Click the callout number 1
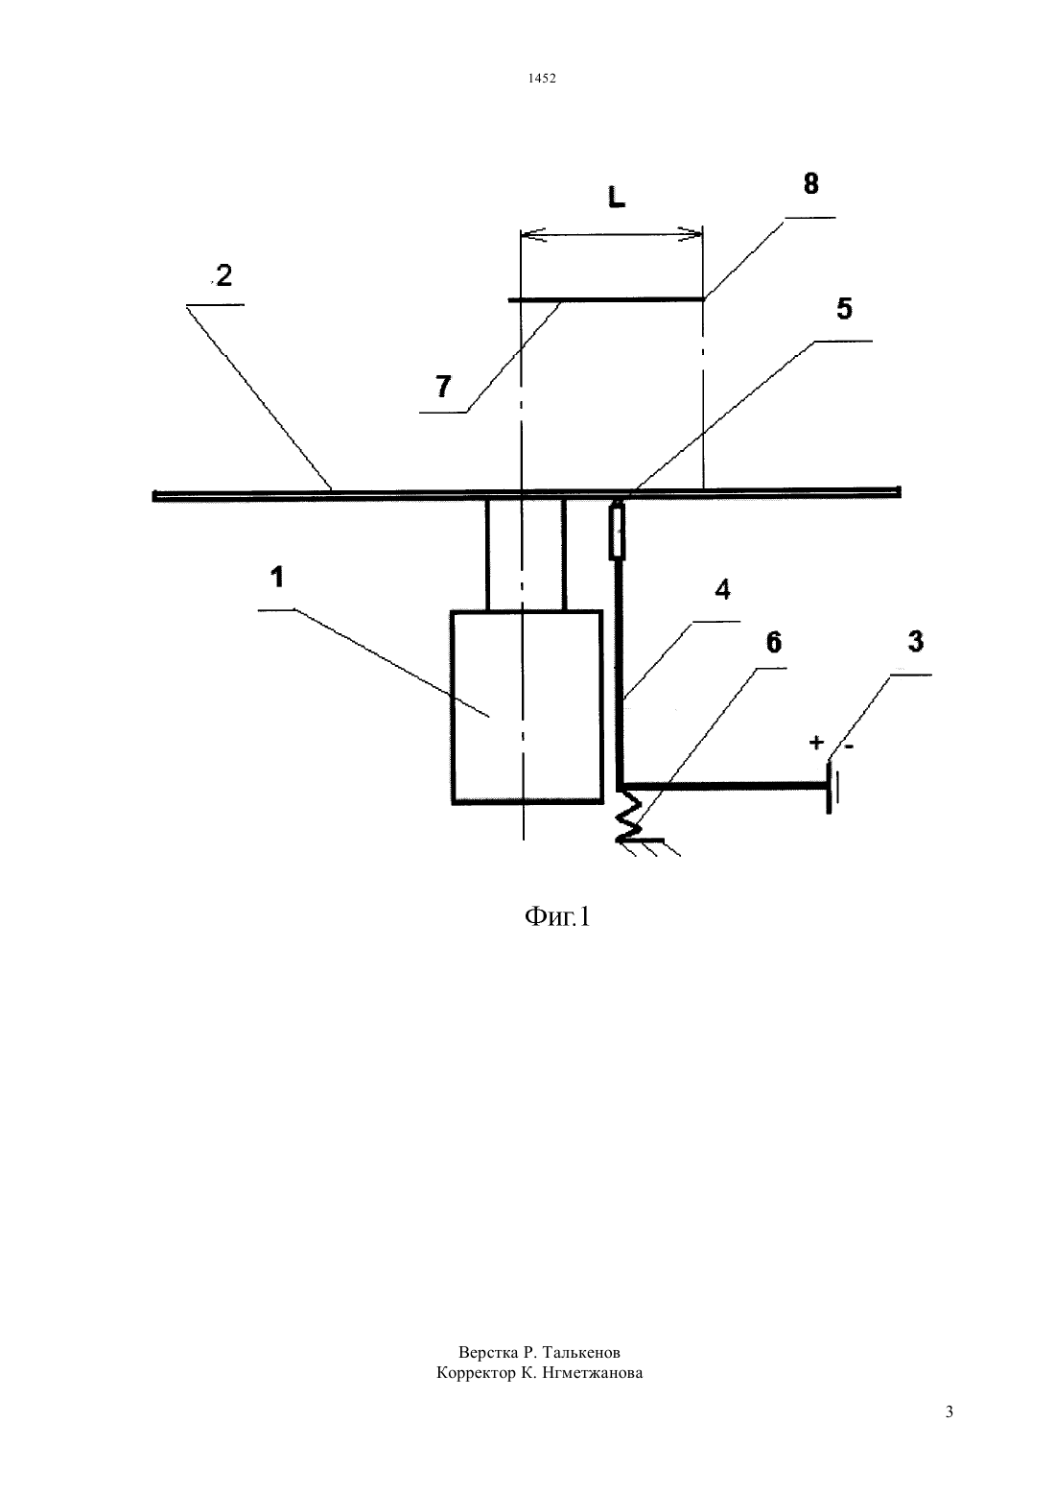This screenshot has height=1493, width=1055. (277, 578)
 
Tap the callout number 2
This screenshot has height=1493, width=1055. (224, 276)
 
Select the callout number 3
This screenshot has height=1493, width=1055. (916, 641)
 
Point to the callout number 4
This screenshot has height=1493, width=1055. (722, 589)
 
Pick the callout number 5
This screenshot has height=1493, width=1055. (844, 309)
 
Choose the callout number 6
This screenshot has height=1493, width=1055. (773, 642)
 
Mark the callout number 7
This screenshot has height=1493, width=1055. (443, 387)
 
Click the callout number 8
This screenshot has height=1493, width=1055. (810, 183)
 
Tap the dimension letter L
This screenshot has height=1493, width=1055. (617, 197)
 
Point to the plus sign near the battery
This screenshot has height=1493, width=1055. (816, 742)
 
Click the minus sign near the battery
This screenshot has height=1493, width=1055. (849, 746)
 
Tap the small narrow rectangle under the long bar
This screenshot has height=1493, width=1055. (618, 532)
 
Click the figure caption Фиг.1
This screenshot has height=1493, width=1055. (557, 918)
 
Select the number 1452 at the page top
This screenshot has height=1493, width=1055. (542, 78)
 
